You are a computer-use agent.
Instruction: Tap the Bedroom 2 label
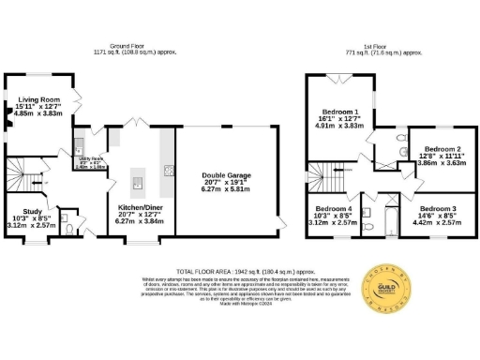[x=439, y=149]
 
